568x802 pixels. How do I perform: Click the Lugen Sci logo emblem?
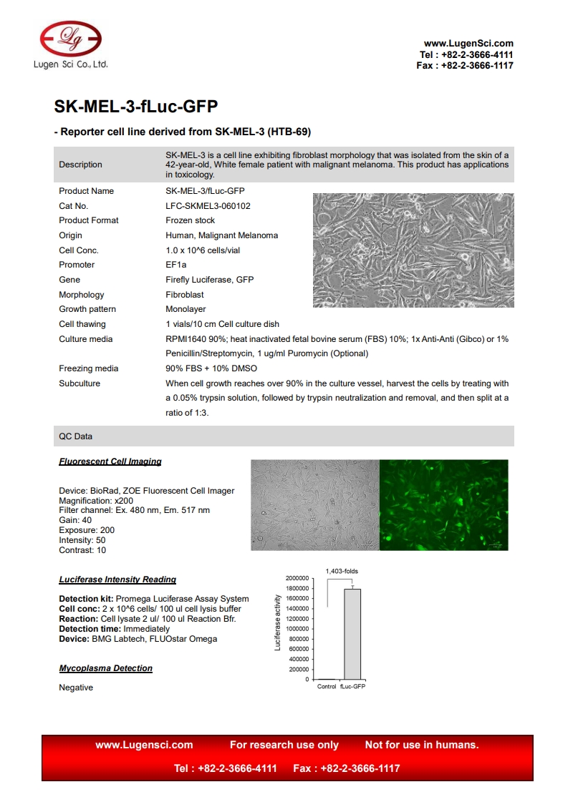tap(70, 38)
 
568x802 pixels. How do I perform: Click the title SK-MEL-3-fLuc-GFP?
tap(136, 107)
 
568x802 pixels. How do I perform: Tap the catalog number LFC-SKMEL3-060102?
tap(208, 206)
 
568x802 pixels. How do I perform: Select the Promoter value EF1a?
tap(175, 265)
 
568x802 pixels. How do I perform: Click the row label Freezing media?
tap(89, 368)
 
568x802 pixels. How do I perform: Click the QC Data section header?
tap(76, 436)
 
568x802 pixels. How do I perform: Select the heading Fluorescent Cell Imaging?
tap(110, 461)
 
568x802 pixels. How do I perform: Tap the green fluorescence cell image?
tap(443, 505)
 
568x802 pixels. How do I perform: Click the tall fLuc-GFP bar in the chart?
tap(352, 634)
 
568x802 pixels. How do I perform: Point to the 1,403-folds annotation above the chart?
tap(342, 571)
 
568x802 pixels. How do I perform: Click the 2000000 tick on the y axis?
tap(297, 578)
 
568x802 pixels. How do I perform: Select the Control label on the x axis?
tap(326, 687)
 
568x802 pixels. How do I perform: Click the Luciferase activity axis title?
tap(278, 622)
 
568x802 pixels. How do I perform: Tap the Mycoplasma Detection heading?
tap(106, 668)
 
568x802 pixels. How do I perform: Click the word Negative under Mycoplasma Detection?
tap(76, 688)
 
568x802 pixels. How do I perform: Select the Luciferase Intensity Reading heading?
tap(117, 580)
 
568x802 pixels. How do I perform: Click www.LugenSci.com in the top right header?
tap(468, 44)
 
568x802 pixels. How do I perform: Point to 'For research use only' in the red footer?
tap(284, 745)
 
